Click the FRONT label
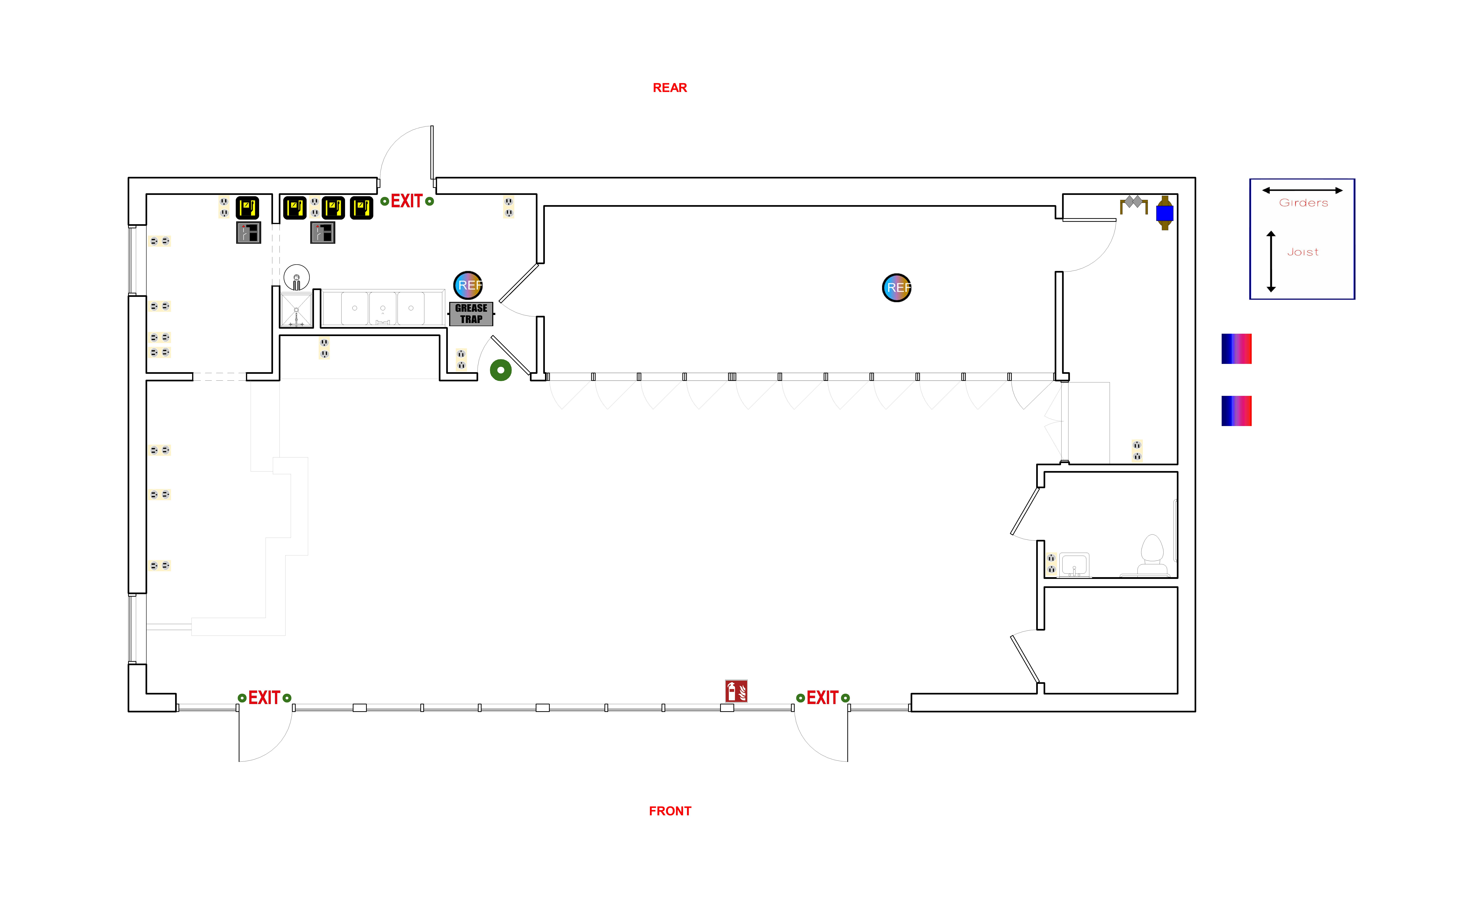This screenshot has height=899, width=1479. tap(670, 811)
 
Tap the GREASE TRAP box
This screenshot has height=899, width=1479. tap(471, 313)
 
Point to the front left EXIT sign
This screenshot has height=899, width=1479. tap(264, 698)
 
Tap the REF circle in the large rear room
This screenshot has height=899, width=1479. tap(897, 288)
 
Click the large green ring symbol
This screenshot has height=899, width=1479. tap(501, 370)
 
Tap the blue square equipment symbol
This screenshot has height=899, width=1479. tap(1164, 213)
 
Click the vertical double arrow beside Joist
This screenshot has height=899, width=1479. tap(1271, 261)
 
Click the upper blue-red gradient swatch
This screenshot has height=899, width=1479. tap(1236, 349)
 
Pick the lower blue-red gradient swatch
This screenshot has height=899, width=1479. tap(1236, 411)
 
